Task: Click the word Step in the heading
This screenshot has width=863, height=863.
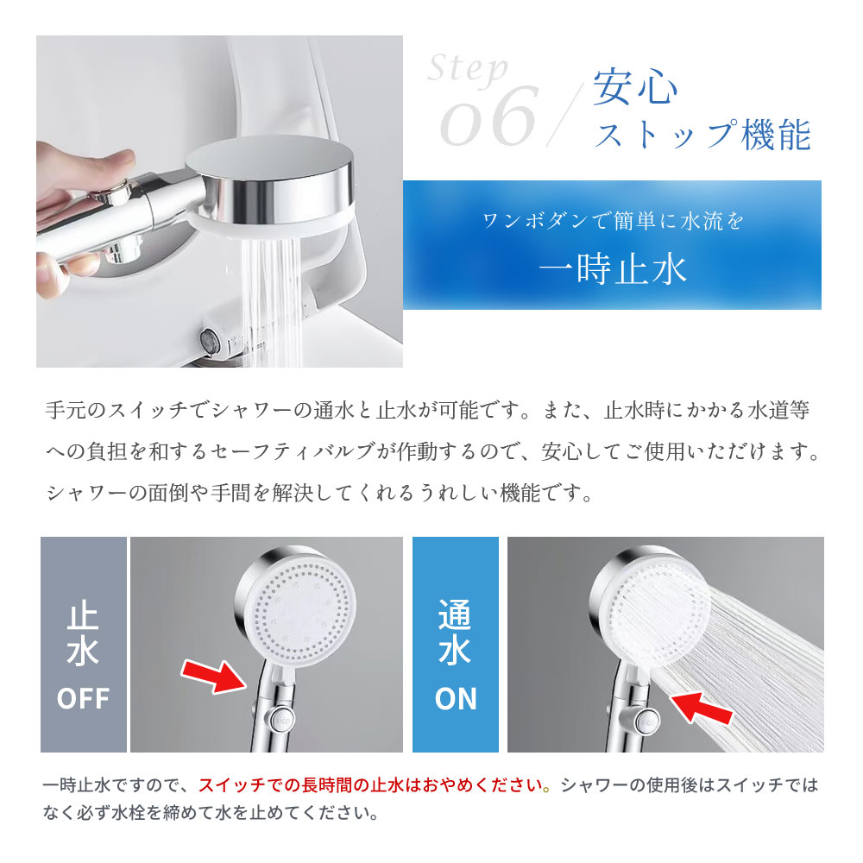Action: click(x=467, y=69)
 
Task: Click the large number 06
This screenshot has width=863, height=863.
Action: click(x=488, y=117)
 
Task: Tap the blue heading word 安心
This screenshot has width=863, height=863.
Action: click(x=635, y=87)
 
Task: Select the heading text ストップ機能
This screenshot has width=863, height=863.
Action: click(x=702, y=135)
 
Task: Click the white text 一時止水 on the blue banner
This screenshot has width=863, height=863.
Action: click(x=613, y=269)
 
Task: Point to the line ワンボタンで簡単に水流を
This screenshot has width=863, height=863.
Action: click(x=613, y=221)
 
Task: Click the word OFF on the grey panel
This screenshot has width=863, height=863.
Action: click(x=83, y=698)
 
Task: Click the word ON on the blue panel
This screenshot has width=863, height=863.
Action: click(x=456, y=699)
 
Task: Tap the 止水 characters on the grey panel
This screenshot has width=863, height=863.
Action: click(x=83, y=636)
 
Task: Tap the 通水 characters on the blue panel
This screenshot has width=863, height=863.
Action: click(x=455, y=633)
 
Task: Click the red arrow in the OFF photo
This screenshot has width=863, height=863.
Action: click(x=214, y=676)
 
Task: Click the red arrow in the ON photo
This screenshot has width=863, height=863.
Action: click(x=701, y=708)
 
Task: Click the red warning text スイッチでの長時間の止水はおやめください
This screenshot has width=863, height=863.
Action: click(x=371, y=785)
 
